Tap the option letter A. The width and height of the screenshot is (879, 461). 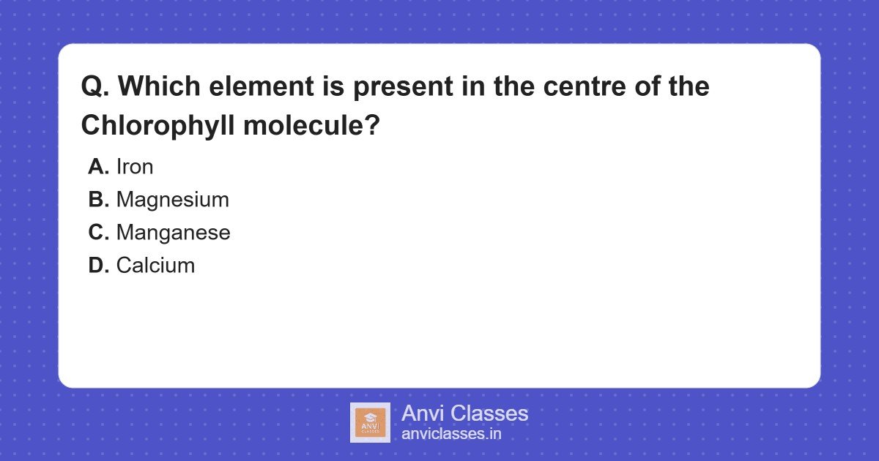(98, 167)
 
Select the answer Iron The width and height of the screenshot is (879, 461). (135, 167)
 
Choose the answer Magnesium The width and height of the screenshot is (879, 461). (172, 200)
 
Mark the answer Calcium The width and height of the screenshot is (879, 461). (155, 266)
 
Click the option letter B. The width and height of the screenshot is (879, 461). (98, 200)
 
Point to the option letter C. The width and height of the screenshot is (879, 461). (98, 233)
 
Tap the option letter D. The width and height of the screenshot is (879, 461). (98, 266)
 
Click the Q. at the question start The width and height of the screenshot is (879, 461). (94, 87)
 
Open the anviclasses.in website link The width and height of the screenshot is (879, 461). (451, 434)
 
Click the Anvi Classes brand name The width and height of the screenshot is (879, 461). (464, 413)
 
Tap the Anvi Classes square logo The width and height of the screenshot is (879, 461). (370, 422)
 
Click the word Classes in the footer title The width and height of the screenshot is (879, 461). (489, 413)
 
